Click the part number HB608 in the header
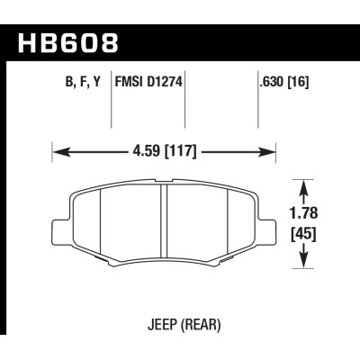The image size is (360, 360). point(67,40)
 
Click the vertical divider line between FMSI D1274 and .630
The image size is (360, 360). point(184,108)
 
